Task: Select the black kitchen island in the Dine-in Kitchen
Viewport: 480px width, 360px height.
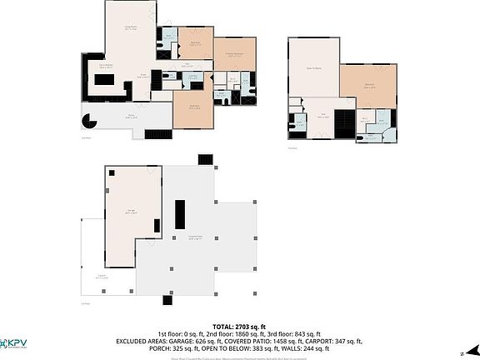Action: [x=107, y=80]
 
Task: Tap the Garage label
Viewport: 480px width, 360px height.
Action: [x=131, y=212]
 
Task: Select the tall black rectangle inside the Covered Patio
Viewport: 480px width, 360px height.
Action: [x=178, y=214]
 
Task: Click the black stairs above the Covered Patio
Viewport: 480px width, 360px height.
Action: [x=205, y=159]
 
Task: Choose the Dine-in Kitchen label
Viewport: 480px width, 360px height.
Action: [x=107, y=66]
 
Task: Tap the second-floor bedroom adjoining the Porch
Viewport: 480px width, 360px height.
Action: [x=192, y=107]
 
